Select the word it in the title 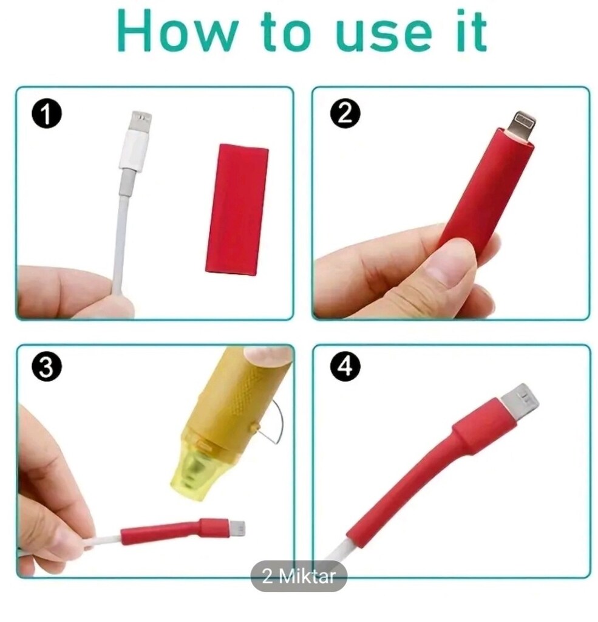click(x=472, y=30)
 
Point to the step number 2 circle click(x=345, y=114)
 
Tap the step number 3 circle click(x=46, y=367)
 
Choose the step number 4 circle click(x=345, y=365)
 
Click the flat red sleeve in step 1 click(x=237, y=210)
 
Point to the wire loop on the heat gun click(x=273, y=422)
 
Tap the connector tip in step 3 click(x=237, y=528)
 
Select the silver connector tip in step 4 click(x=520, y=401)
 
